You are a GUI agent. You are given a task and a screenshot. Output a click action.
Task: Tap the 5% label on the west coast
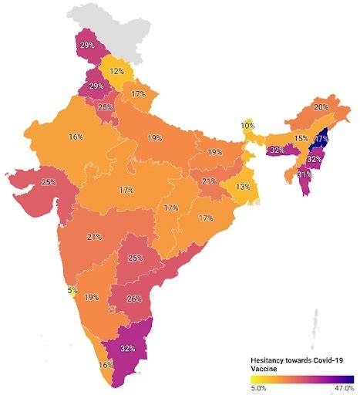point(72,290)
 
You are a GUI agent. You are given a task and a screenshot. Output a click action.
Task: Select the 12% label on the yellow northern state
point(117,71)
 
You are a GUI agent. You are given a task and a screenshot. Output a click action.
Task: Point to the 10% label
point(247,125)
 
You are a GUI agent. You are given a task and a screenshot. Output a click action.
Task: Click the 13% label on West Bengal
point(243,187)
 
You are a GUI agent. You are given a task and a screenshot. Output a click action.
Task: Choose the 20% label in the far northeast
point(321,107)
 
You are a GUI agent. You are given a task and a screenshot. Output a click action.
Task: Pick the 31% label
point(304,175)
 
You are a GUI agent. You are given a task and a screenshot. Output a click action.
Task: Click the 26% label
point(133,299)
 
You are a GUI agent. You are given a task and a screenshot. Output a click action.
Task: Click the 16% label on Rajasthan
point(76,137)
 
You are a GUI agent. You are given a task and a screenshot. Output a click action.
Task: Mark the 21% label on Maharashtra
point(95,237)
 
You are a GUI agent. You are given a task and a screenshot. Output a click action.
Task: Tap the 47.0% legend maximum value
point(342,389)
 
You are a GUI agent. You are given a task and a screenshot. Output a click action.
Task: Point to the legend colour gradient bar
point(301,379)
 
